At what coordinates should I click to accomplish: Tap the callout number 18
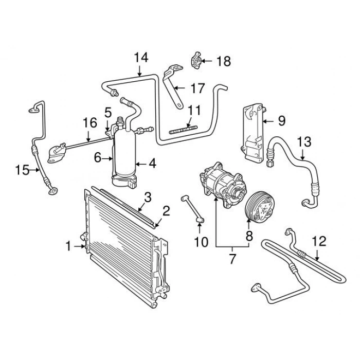223,62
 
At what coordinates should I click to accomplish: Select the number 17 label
197,88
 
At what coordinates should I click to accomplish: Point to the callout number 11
194,110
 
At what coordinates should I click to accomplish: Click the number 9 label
281,121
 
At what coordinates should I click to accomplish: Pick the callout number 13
304,140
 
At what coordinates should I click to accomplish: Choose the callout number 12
319,241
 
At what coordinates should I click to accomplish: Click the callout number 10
202,241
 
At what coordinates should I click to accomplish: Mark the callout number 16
90,122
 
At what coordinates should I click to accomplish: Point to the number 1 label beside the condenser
68,247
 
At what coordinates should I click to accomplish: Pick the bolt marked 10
192,209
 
